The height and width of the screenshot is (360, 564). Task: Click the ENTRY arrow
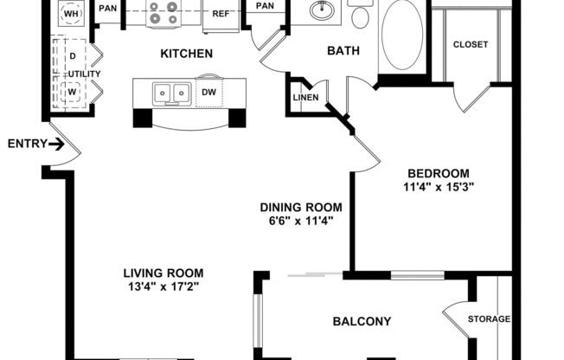57,144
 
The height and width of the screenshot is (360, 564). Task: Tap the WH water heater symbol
71,13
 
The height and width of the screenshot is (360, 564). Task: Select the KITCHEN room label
186,54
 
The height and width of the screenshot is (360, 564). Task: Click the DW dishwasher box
208,92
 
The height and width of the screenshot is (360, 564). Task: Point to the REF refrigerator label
221,14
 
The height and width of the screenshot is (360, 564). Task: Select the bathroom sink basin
323,12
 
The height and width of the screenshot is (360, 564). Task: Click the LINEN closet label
305,97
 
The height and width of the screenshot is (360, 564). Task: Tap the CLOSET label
470,44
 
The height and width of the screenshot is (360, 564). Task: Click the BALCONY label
362,321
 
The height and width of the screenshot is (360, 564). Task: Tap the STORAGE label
489,319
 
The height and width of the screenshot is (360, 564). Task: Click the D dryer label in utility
72,56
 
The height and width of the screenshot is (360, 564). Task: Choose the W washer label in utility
72,89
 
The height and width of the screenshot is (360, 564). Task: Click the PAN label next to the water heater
107,9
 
